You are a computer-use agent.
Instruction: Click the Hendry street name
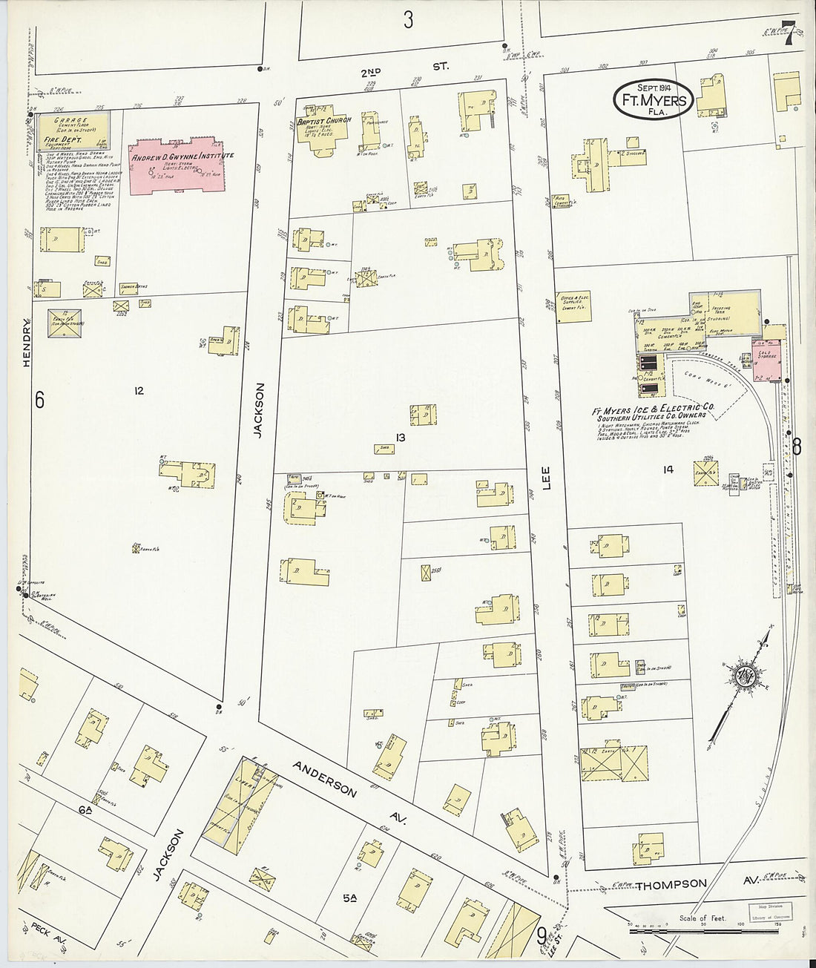(x=28, y=343)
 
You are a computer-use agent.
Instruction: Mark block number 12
(x=139, y=391)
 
